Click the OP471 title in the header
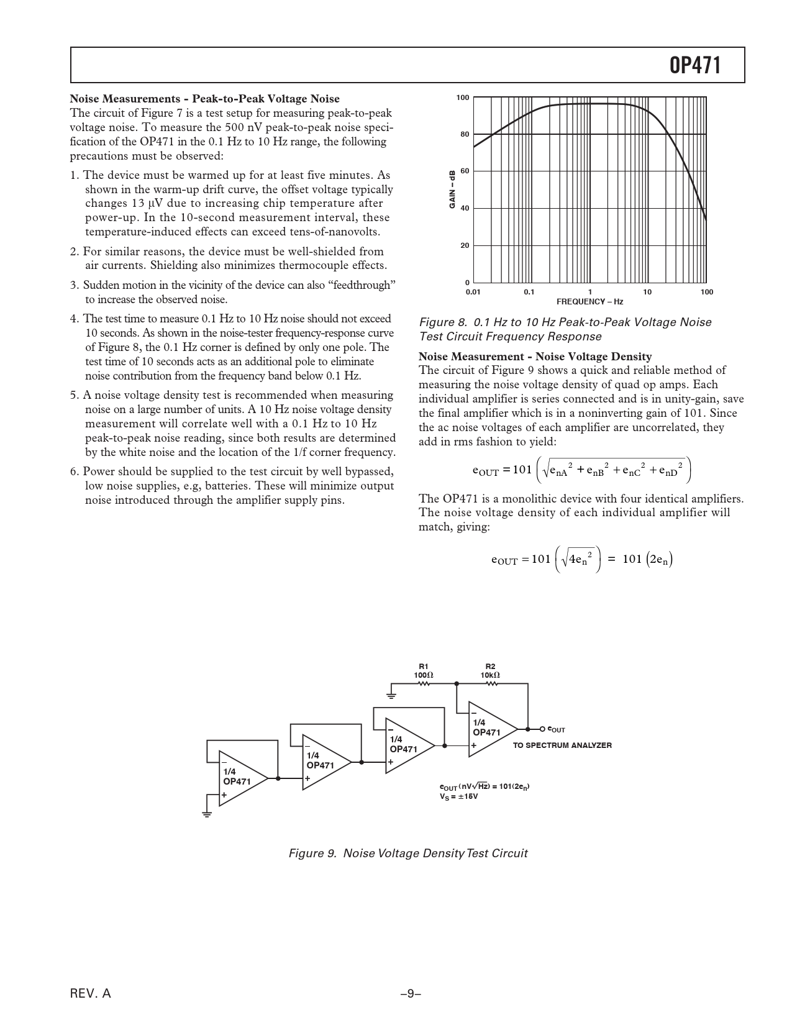696,65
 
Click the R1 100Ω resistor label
424,670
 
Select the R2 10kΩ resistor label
490,670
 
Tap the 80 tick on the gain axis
464,134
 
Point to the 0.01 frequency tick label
473,292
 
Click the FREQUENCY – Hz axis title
589,301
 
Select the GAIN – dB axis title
452,189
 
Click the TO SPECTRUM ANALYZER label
562,745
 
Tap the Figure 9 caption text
408,853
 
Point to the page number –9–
411,993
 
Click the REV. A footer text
91,993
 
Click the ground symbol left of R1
391,693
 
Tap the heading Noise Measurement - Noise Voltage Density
535,357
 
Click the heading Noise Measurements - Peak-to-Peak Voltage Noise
204,99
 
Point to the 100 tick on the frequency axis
706,292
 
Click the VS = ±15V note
458,796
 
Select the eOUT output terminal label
556,730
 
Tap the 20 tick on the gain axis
464,245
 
